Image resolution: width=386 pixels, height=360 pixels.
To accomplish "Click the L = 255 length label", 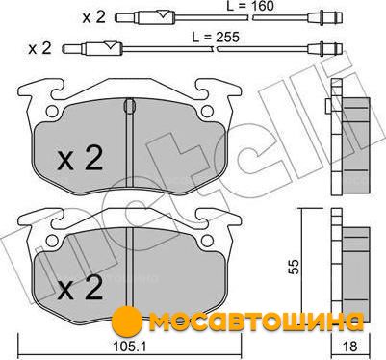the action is click(x=216, y=38).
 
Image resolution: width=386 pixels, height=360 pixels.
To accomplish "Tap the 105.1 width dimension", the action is click(x=130, y=346).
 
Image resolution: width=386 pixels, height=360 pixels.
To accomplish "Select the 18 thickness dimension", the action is click(x=350, y=346).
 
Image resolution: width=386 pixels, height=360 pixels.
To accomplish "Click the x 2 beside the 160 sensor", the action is click(x=93, y=17).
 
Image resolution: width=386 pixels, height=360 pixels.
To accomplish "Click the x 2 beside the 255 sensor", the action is click(x=39, y=48).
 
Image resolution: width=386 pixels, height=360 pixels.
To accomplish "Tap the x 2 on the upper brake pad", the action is click(x=80, y=158).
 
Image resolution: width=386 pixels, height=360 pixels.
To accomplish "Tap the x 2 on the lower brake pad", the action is click(x=80, y=288).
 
